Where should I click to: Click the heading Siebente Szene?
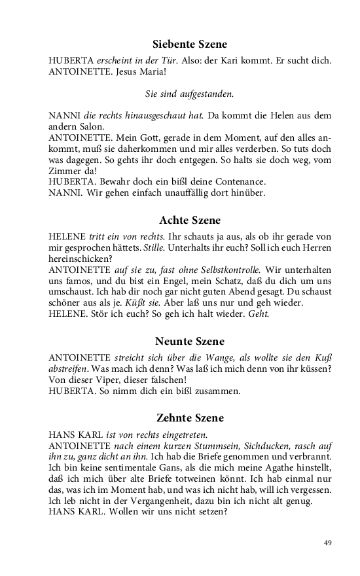pyautogui.click(x=190, y=45)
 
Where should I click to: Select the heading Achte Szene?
pyautogui.click(x=190, y=220)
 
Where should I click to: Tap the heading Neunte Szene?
pyautogui.click(x=190, y=341)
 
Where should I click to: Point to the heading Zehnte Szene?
pyautogui.click(x=190, y=417)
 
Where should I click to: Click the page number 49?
pyautogui.click(x=328, y=542)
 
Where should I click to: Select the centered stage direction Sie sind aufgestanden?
pyautogui.click(x=189, y=94)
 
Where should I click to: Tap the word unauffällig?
pyautogui.click(x=178, y=192)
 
